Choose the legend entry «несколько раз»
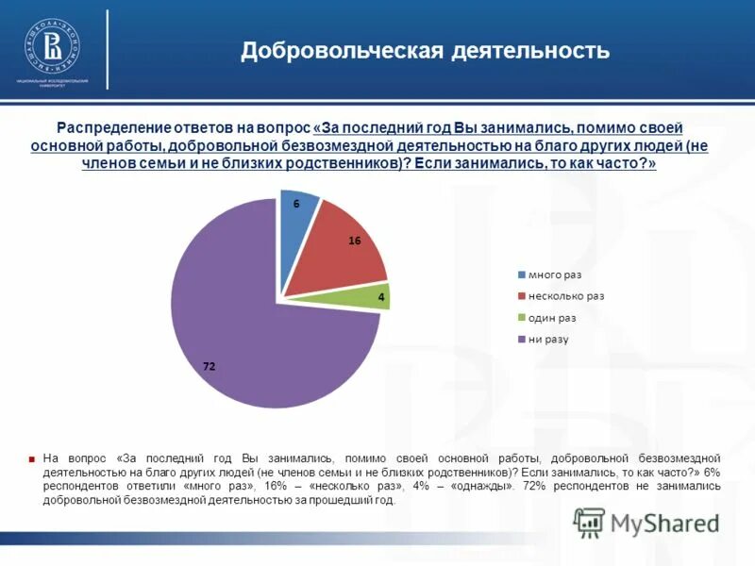point(566,295)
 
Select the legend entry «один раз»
point(552,318)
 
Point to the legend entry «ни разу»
point(548,340)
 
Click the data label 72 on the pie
point(210,367)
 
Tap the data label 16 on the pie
point(355,241)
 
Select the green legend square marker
point(521,318)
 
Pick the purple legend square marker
point(521,340)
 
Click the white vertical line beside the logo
point(108,50)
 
